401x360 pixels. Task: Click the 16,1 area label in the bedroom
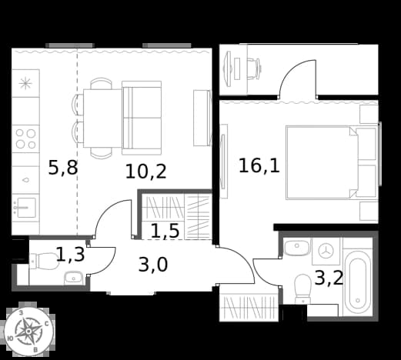259,165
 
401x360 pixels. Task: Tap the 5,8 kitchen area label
63,168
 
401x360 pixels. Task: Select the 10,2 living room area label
146,172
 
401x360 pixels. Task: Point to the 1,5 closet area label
165,230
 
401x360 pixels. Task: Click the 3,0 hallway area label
153,265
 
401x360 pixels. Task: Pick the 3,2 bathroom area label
329,278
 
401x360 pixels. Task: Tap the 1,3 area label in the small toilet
70,254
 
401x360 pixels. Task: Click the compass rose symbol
28,331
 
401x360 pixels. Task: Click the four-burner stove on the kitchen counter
25,139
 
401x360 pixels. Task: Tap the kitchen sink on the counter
25,207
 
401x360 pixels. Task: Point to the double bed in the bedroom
332,162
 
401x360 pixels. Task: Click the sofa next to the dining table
142,118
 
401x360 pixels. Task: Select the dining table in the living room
102,118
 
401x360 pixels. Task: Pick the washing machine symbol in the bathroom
326,251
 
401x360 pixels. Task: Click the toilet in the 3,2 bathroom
302,288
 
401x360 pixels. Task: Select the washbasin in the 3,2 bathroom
297,247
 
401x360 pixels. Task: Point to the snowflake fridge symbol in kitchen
25,83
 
